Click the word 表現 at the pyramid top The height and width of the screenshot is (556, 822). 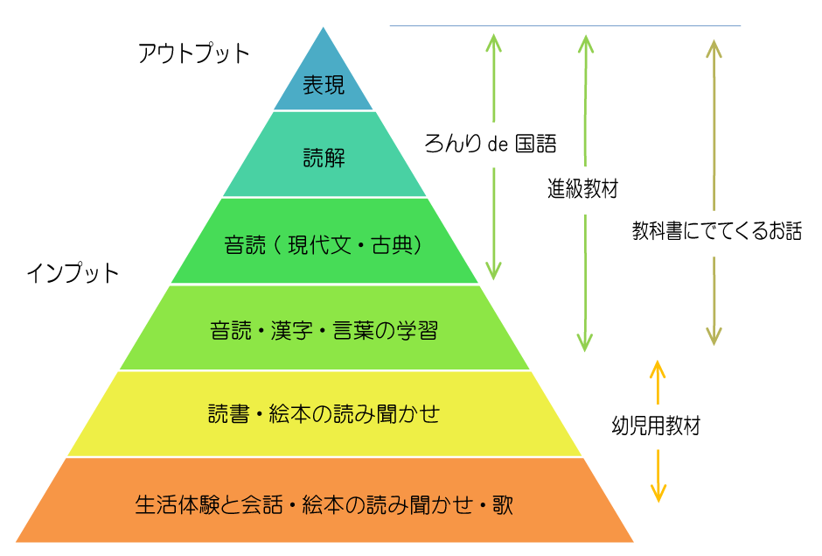(x=324, y=86)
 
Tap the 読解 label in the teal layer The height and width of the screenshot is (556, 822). (x=324, y=158)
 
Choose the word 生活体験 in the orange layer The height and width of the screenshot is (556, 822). (x=171, y=505)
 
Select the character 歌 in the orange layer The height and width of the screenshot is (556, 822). (x=503, y=505)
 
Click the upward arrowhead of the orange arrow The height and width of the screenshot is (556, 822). (x=657, y=367)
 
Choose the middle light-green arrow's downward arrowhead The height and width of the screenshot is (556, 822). (x=585, y=342)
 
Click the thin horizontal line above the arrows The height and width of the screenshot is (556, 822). (x=565, y=26)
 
